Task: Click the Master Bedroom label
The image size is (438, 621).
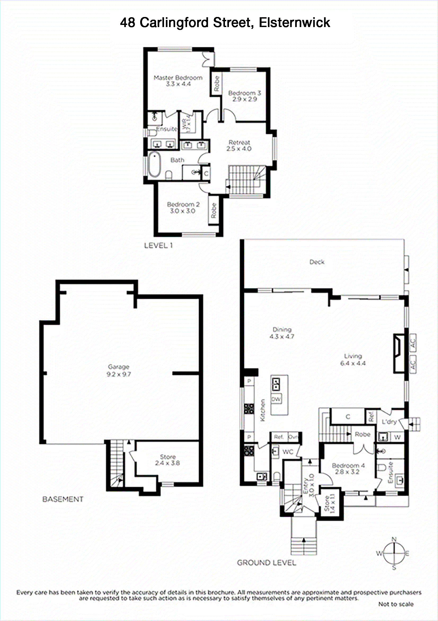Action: pos(178,78)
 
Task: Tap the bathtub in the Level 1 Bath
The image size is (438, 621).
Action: pos(154,164)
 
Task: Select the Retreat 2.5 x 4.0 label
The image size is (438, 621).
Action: pos(239,146)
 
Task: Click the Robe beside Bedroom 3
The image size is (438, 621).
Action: pos(216,84)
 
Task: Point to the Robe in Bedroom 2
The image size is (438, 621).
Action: pos(214,210)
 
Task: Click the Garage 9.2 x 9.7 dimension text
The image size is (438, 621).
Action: pos(119,374)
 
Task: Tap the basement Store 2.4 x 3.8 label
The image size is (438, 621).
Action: pos(167,460)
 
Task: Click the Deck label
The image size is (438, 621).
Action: pos(317,262)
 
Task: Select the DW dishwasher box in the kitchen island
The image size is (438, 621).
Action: pos(276,399)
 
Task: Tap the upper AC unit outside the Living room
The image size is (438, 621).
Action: pos(413,343)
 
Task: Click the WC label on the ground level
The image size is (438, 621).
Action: pos(287,452)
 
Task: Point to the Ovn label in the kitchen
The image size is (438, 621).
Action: pos(293,437)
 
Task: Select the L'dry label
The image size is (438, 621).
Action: pos(389,422)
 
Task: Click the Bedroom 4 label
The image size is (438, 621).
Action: pos(348,465)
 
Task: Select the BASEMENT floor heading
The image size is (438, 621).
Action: pos(63,499)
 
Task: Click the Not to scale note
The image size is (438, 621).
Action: pos(396,604)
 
